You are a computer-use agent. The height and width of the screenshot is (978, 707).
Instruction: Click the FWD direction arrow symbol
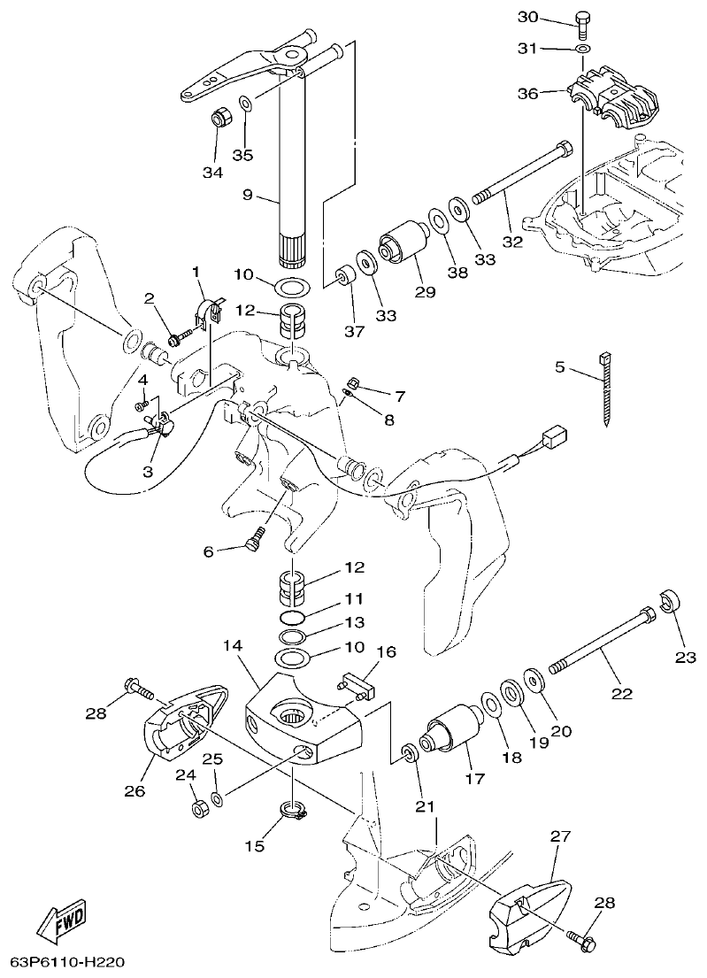pos(59,925)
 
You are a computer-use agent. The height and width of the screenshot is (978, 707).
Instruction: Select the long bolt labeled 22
pos(602,636)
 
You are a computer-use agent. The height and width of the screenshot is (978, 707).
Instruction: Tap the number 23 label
pos(686,657)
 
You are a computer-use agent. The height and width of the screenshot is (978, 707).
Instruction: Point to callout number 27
pos(561,836)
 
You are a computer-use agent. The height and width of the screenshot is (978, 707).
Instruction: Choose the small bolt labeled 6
pos(256,537)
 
